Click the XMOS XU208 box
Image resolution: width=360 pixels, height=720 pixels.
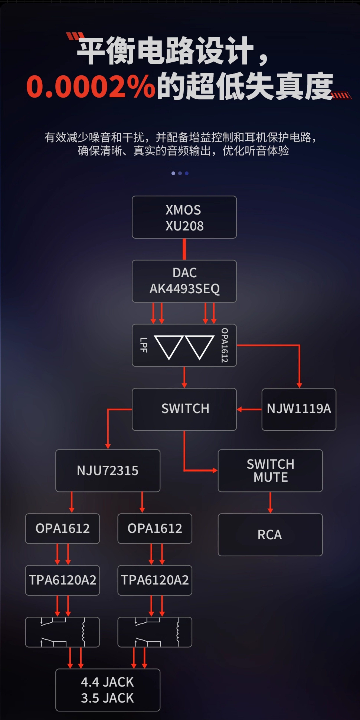[184, 217]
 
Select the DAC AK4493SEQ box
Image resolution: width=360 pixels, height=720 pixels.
[184, 281]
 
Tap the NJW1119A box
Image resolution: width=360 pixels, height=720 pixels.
[299, 409]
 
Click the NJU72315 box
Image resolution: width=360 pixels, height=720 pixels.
[108, 470]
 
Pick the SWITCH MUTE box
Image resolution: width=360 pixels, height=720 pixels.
[270, 470]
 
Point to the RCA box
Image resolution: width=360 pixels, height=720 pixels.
[270, 535]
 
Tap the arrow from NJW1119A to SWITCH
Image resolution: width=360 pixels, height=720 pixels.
[249, 409]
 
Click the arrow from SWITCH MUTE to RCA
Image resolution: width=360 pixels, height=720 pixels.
[270, 503]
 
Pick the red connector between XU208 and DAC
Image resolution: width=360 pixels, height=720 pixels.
[184, 249]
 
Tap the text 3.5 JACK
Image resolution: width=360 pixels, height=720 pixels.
[108, 698]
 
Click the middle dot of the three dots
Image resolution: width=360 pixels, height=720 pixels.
[180, 173]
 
